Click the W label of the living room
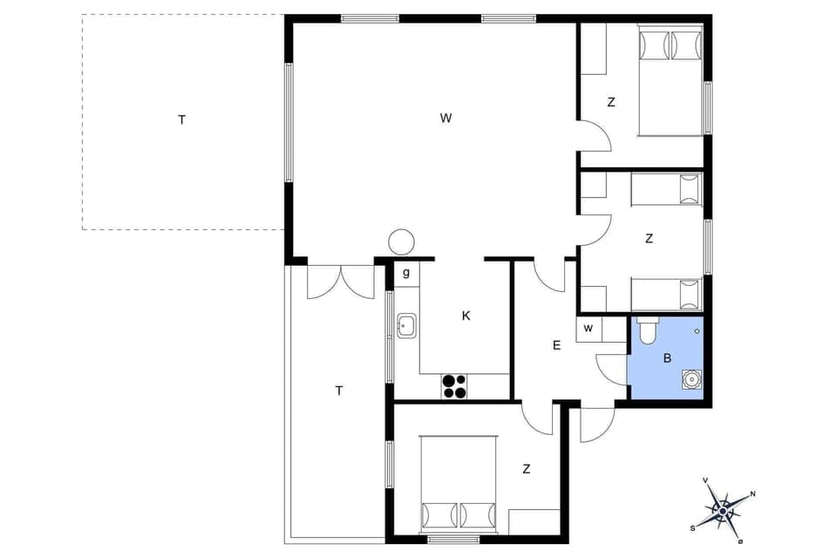(446, 119)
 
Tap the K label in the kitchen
(466, 316)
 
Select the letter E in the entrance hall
(556, 345)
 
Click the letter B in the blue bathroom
(667, 357)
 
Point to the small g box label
(406, 273)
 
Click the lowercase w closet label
(589, 329)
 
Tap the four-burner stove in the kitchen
(454, 385)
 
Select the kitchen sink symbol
(407, 326)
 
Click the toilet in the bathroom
(648, 331)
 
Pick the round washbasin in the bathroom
(691, 379)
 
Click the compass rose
(723, 507)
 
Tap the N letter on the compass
(753, 494)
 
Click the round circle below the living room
(402, 242)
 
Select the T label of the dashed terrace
(182, 120)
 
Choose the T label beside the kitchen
(339, 391)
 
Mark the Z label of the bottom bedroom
(527, 469)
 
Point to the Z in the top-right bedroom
(611, 102)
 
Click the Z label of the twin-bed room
(649, 238)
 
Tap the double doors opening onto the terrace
(340, 281)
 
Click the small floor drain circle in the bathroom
(697, 331)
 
